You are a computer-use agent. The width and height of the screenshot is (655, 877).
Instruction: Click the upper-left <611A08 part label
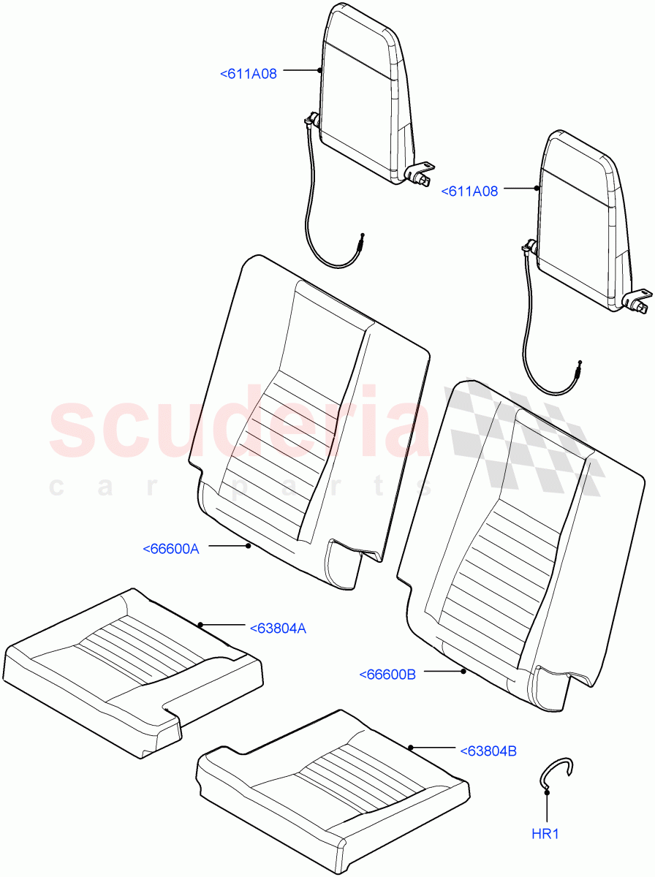click(249, 73)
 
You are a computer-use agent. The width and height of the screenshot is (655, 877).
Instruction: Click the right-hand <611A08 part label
click(469, 191)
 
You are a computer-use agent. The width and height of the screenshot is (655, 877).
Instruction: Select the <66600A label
click(170, 549)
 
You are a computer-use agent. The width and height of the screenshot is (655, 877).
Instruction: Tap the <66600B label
click(387, 675)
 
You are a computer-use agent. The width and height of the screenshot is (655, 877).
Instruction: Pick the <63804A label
click(278, 627)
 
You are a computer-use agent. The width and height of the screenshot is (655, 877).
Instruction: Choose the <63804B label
click(488, 751)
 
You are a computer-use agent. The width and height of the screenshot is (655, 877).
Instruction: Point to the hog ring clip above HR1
click(556, 773)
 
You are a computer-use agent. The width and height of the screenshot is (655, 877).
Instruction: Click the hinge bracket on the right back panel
click(637, 300)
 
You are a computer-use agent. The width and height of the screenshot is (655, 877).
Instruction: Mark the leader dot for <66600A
click(249, 545)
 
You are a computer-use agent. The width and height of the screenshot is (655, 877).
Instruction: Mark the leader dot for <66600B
click(463, 670)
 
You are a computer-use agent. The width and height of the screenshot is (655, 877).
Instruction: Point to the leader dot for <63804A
click(200, 624)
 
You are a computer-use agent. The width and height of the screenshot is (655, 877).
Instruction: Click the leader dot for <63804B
click(411, 747)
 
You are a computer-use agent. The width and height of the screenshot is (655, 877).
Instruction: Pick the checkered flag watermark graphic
click(526, 438)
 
